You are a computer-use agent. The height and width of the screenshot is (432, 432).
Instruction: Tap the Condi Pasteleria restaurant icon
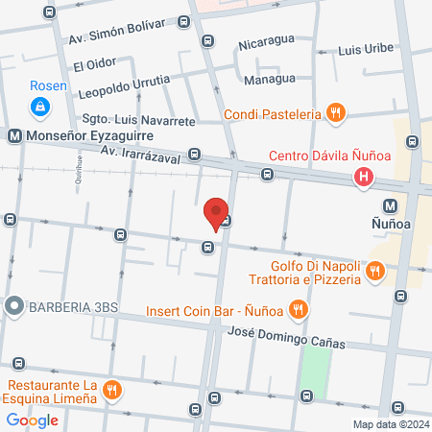tap(334, 113)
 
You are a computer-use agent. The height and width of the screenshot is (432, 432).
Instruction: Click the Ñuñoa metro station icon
tap(391, 205)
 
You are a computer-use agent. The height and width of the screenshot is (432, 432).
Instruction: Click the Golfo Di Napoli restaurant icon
tap(374, 273)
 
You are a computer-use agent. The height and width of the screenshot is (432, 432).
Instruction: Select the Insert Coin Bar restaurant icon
tap(299, 309)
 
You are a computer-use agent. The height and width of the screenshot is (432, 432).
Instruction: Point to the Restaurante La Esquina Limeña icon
tap(113, 388)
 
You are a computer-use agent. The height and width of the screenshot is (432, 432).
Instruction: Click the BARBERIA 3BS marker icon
tap(13, 307)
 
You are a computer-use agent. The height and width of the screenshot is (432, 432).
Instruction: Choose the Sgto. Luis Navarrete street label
tap(138, 122)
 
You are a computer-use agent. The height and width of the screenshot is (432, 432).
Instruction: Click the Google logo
tap(32, 420)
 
